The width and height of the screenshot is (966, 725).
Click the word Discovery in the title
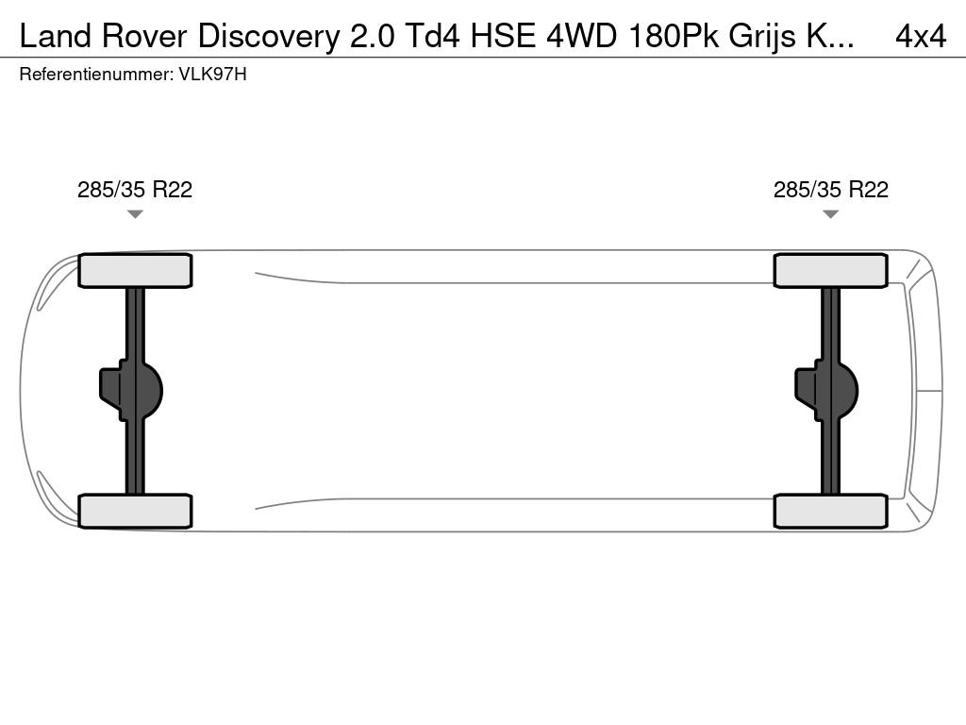click(x=268, y=37)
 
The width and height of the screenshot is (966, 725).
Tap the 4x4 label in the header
click(x=921, y=37)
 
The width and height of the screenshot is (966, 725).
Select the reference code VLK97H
click(x=212, y=75)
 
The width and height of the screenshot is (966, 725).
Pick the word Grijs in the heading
click(x=762, y=38)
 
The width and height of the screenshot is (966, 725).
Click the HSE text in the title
click(x=504, y=37)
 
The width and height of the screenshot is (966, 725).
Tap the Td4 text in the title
click(x=432, y=37)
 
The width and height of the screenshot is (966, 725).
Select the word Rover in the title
click(x=144, y=37)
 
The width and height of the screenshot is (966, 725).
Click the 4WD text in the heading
click(x=581, y=37)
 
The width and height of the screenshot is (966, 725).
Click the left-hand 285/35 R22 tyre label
click(x=135, y=189)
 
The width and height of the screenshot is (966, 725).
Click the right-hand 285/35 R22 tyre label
click(x=830, y=189)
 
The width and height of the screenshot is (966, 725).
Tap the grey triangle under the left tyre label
click(x=135, y=214)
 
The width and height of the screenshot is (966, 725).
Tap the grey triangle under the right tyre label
click(x=830, y=214)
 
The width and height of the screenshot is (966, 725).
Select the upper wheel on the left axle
click(x=135, y=271)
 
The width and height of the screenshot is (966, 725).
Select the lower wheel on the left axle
click(x=135, y=511)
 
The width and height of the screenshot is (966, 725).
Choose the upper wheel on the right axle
click(x=830, y=271)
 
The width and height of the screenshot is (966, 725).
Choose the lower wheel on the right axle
click(x=830, y=511)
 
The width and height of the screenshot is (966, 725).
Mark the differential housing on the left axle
click(x=131, y=391)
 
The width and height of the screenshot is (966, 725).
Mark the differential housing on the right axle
click(x=826, y=391)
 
